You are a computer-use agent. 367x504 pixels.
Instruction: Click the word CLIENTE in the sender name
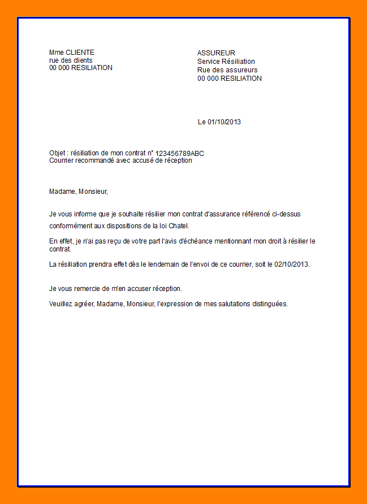pos(80,53)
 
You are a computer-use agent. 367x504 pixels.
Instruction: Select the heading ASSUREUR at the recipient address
pos(216,53)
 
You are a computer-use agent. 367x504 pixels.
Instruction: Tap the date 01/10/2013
pos(224,122)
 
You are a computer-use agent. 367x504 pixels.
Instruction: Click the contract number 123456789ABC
pos(180,153)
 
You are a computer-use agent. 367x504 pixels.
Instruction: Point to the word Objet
pos(58,153)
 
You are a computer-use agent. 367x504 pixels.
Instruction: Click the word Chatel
pos(179,226)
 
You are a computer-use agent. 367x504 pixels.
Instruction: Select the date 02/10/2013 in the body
pos(292,264)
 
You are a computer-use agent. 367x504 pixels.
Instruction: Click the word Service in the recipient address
pos(209,62)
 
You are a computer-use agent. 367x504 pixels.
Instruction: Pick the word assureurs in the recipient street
pos(243,70)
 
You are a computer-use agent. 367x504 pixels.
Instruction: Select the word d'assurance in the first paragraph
pos(225,214)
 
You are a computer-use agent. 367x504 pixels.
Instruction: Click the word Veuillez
pos(62,304)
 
